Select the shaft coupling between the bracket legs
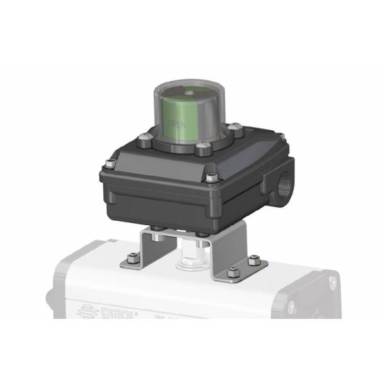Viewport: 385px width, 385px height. click(x=193, y=253)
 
